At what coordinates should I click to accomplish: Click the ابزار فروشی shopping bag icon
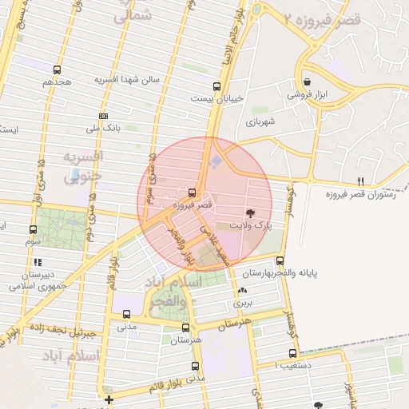click(308, 81)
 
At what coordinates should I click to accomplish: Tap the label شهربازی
click(260, 123)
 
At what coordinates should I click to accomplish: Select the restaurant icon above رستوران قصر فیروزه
click(360, 181)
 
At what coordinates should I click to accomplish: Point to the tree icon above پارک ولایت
click(251, 213)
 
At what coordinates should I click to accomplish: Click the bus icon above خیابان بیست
click(216, 86)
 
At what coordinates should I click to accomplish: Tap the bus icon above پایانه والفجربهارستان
click(280, 260)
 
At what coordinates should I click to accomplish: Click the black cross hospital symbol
click(109, 399)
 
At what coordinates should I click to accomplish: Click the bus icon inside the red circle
click(192, 193)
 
